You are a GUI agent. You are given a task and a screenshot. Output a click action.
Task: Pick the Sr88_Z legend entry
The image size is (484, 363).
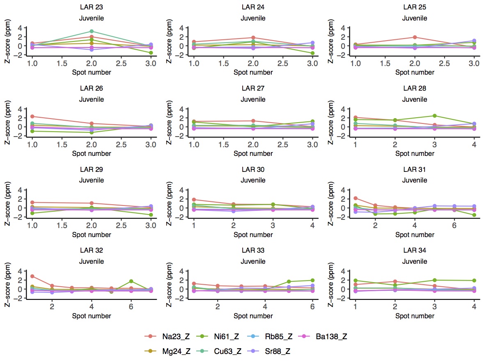coord(279,351)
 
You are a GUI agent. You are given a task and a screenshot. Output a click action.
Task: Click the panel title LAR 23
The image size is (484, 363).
coord(92,7)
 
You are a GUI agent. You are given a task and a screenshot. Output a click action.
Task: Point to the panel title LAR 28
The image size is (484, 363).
coord(415,88)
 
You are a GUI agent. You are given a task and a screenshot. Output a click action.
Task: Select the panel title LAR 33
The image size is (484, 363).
coord(253,250)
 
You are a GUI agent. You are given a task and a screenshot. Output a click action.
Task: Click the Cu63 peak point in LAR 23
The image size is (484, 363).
coord(92,31)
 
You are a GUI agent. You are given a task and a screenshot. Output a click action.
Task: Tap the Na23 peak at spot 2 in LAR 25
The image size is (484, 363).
coord(415,37)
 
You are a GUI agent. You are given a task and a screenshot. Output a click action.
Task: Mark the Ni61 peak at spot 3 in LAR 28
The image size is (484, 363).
coord(435,116)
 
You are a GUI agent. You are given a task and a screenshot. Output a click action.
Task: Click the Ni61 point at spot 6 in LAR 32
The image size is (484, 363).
coord(131,281)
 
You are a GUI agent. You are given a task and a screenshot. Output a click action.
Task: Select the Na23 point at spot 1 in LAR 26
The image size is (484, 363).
coord(32,116)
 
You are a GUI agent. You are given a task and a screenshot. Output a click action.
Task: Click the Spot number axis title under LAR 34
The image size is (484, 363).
coord(415,316)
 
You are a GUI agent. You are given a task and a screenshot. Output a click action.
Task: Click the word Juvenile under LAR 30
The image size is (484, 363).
coord(253,180)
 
